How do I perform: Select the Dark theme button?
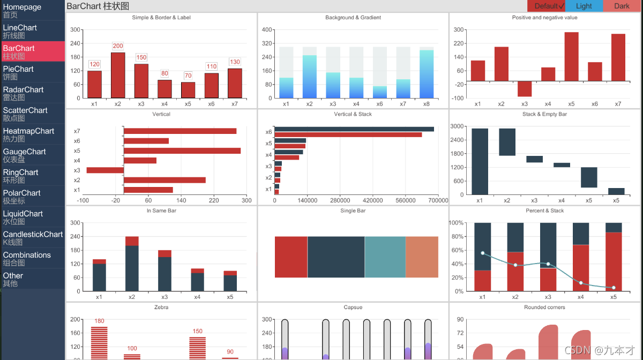(622, 6)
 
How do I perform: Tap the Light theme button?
(584, 6)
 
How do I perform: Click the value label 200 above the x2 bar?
(118, 46)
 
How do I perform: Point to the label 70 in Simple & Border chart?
(188, 76)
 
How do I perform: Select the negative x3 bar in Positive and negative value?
(525, 88)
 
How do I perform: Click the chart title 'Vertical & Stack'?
(353, 114)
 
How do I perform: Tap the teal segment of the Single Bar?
(385, 257)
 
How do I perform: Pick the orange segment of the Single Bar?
(422, 257)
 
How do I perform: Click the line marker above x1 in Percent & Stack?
(483, 253)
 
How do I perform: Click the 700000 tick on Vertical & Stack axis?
(438, 200)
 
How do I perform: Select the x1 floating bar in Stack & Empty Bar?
(480, 161)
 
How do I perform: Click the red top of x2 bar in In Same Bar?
(132, 241)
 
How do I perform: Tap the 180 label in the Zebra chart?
(99, 321)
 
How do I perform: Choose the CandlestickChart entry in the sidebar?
(32, 238)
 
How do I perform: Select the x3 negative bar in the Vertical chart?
(105, 170)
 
